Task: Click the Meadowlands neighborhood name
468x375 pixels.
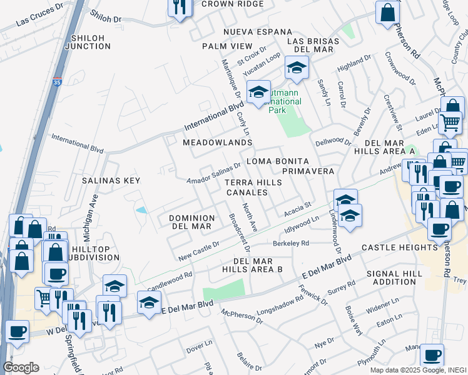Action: tap(217, 143)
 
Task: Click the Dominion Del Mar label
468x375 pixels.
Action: tap(192, 222)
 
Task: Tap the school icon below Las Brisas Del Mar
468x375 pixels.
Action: tap(297, 67)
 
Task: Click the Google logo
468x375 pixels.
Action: tap(21, 367)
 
